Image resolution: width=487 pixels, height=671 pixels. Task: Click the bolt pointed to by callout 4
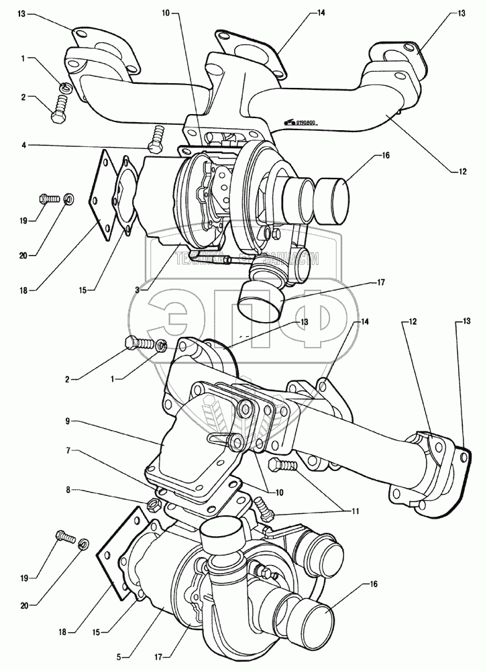click(156, 138)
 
